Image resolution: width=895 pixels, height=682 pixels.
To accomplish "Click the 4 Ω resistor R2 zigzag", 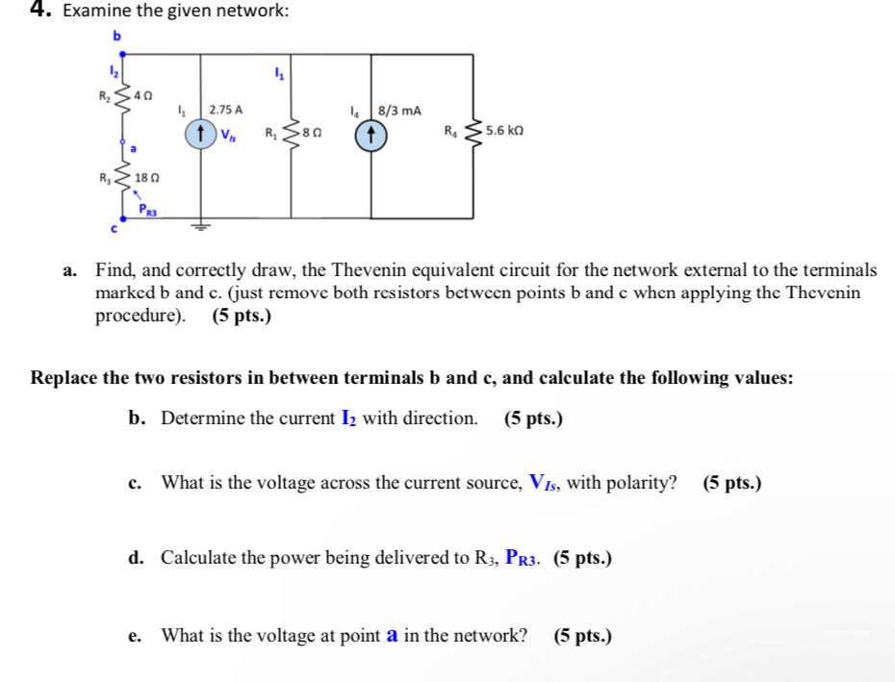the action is pyautogui.click(x=124, y=100).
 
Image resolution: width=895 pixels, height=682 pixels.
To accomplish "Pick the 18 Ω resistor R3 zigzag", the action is pyautogui.click(x=124, y=178).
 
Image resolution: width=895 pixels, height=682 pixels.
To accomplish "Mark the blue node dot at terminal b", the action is pyautogui.click(x=124, y=54).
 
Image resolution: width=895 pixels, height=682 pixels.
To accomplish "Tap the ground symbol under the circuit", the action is pyautogui.click(x=200, y=228).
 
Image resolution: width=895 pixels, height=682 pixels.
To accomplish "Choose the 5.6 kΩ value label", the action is pyautogui.click(x=504, y=130).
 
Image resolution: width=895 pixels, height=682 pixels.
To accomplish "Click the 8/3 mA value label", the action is pyautogui.click(x=399, y=111).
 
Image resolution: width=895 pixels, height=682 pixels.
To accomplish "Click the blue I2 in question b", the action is pyautogui.click(x=349, y=418).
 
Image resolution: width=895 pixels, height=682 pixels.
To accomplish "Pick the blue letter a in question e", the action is pyautogui.click(x=392, y=635).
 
